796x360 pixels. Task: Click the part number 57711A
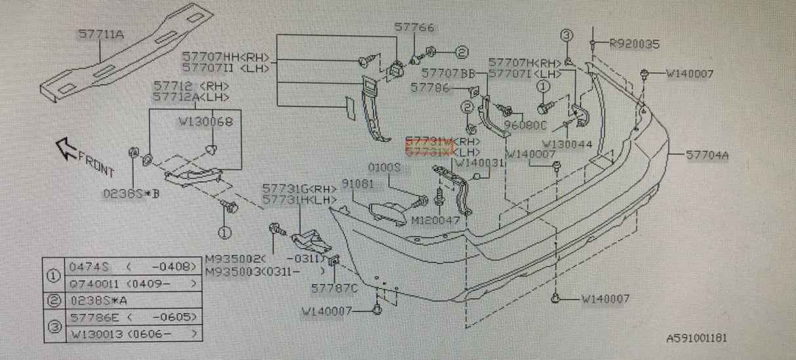point(100,34)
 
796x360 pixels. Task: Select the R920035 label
point(633,44)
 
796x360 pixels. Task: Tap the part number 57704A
point(708,155)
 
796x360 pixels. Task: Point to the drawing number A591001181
point(696,338)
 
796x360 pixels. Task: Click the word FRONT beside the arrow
point(96,163)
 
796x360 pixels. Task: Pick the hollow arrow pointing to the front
point(66,148)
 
